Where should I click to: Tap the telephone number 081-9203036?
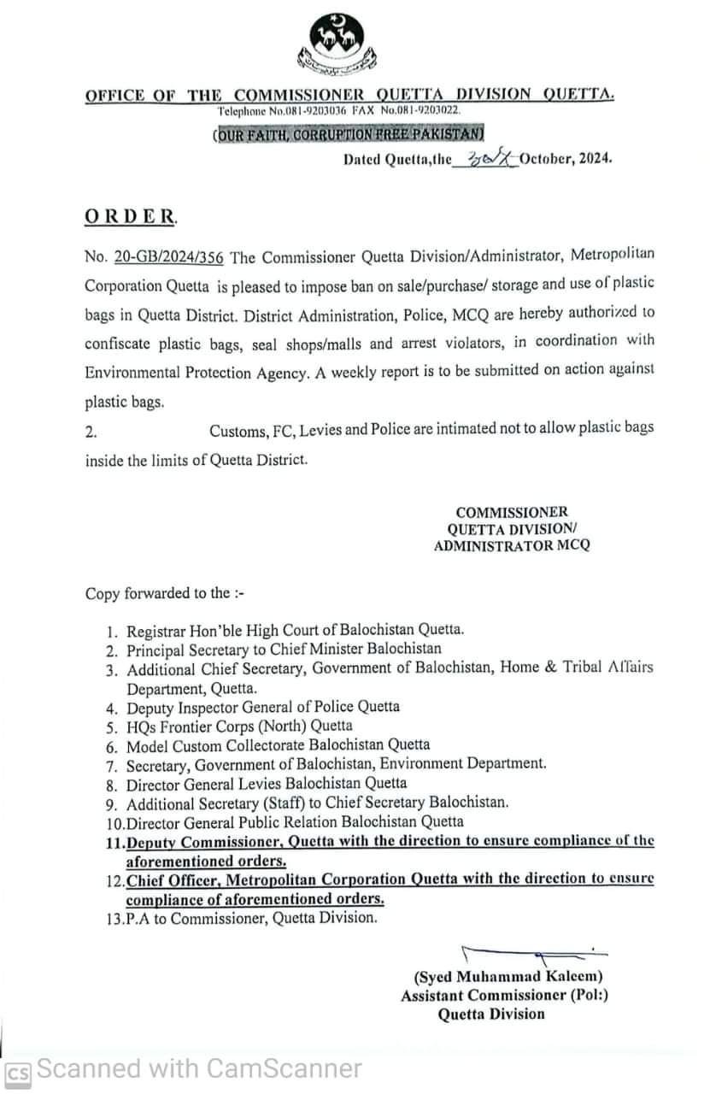308,111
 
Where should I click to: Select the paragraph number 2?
91,432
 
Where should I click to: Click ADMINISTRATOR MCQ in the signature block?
511,545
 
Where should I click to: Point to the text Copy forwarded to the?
158,592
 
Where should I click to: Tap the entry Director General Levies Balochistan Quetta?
267,783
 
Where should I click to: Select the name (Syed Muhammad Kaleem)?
509,976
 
